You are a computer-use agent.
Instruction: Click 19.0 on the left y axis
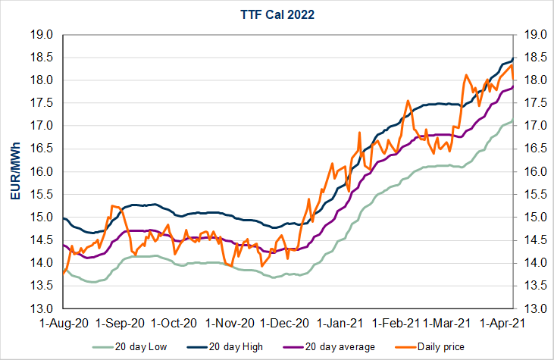pos(41,35)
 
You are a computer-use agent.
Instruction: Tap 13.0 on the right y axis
pos(535,309)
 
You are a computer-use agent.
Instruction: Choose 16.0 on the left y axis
pos(41,172)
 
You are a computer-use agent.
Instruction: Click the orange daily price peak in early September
pos(112,205)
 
